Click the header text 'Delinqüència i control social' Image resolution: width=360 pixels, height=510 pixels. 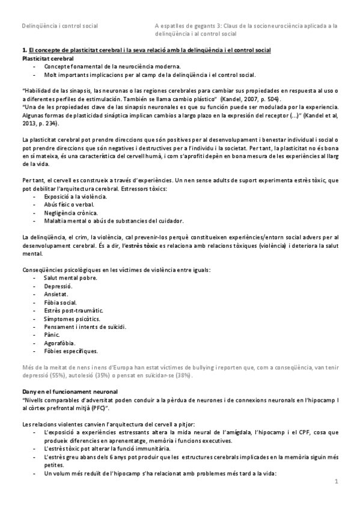pos(60,26)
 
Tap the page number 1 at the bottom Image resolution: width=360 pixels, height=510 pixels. pos(337,481)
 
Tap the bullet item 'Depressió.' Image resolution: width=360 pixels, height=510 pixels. pos(58,287)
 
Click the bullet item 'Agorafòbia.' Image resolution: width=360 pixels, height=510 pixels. pos(60,342)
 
